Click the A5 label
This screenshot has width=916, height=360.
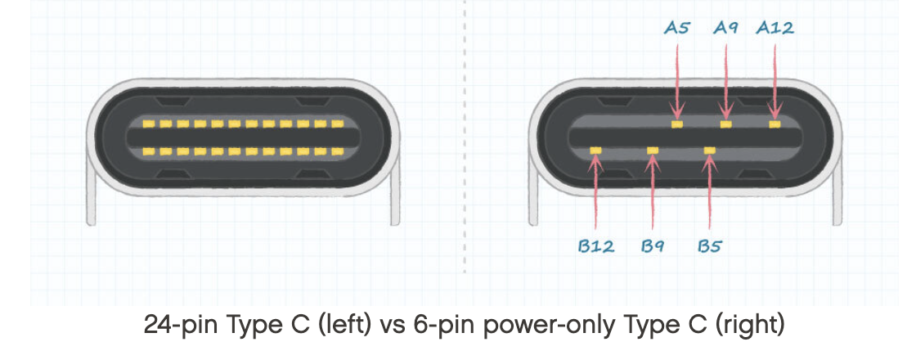click(x=676, y=29)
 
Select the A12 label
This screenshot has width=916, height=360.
click(x=775, y=29)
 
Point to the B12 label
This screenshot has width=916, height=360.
click(x=596, y=245)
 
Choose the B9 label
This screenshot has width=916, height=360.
click(x=652, y=245)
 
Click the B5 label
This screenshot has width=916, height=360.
click(x=709, y=245)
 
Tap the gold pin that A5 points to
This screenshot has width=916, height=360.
click(x=676, y=124)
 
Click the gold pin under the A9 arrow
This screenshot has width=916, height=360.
click(x=725, y=124)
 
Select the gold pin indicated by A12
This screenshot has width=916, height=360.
click(x=775, y=124)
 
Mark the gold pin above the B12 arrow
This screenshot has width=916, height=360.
click(x=595, y=151)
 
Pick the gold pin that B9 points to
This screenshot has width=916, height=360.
click(x=652, y=151)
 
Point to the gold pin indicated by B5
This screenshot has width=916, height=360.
click(x=709, y=151)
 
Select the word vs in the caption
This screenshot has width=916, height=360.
click(x=394, y=326)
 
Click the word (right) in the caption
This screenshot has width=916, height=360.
click(x=749, y=326)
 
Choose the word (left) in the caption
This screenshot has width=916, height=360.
click(x=344, y=326)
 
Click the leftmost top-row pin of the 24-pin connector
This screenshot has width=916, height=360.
click(x=148, y=124)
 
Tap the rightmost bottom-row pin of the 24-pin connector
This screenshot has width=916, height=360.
click(x=337, y=152)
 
